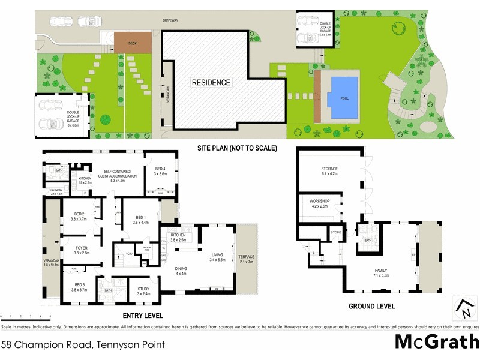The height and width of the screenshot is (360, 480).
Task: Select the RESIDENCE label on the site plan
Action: coord(211,82)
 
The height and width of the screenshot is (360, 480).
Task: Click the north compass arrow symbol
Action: coord(464,307)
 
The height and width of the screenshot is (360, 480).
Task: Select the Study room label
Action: coord(143,291)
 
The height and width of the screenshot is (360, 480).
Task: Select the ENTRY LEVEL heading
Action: coord(143,316)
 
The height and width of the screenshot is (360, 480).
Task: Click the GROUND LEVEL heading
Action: coord(371,306)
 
